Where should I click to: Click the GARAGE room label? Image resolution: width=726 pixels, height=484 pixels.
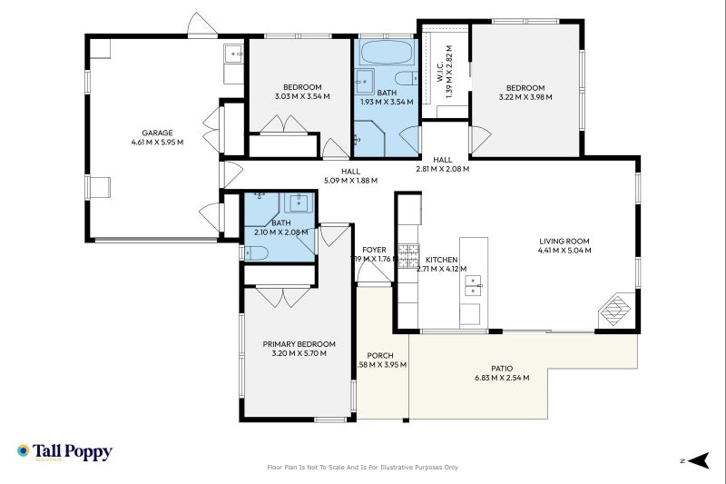[x=157, y=133]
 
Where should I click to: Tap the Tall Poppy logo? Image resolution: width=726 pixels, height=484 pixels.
[x=64, y=451]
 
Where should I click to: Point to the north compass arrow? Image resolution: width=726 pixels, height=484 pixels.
[x=696, y=461]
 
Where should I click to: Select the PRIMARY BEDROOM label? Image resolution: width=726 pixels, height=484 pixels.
[x=299, y=344]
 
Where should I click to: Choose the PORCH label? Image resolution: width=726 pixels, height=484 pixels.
[x=379, y=355]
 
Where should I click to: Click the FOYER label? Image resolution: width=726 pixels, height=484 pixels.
[x=374, y=250]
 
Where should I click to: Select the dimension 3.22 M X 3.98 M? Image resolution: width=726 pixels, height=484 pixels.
[x=525, y=97]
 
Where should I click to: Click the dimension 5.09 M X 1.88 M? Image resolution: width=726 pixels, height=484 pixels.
[x=350, y=180]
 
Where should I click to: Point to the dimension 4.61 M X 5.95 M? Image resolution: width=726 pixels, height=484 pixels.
[x=157, y=142]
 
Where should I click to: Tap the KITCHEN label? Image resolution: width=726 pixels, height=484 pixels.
[x=441, y=260]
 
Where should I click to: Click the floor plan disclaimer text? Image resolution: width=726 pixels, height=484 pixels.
[x=362, y=468]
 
